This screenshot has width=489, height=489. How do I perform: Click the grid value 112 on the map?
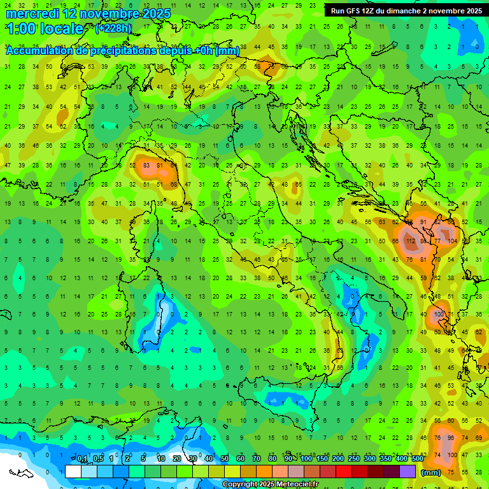coord(410,242)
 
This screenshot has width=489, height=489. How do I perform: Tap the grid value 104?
coord(453,242)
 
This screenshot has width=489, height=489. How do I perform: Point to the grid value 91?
coord(423,222)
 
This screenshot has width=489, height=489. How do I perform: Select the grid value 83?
coord(146,166)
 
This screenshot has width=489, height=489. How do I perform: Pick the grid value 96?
coord(451,438)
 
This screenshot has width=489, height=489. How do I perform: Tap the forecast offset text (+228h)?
coord(113,28)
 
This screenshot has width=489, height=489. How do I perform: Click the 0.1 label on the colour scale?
coord(81,459)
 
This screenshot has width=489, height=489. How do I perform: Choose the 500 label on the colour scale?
coord(417,459)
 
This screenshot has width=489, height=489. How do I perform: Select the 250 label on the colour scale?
coord(354,459)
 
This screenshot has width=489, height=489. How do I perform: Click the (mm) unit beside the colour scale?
coord(431,472)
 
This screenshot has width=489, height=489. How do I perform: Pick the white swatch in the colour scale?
coord(73,471)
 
